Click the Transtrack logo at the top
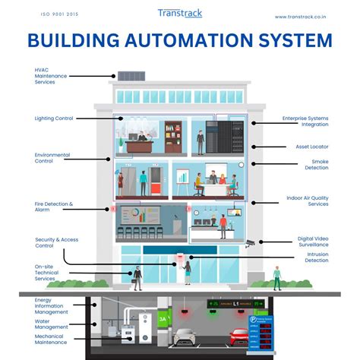180,14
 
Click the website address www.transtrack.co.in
301,17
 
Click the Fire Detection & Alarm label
54,207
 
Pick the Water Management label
52,324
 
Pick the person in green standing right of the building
277,277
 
